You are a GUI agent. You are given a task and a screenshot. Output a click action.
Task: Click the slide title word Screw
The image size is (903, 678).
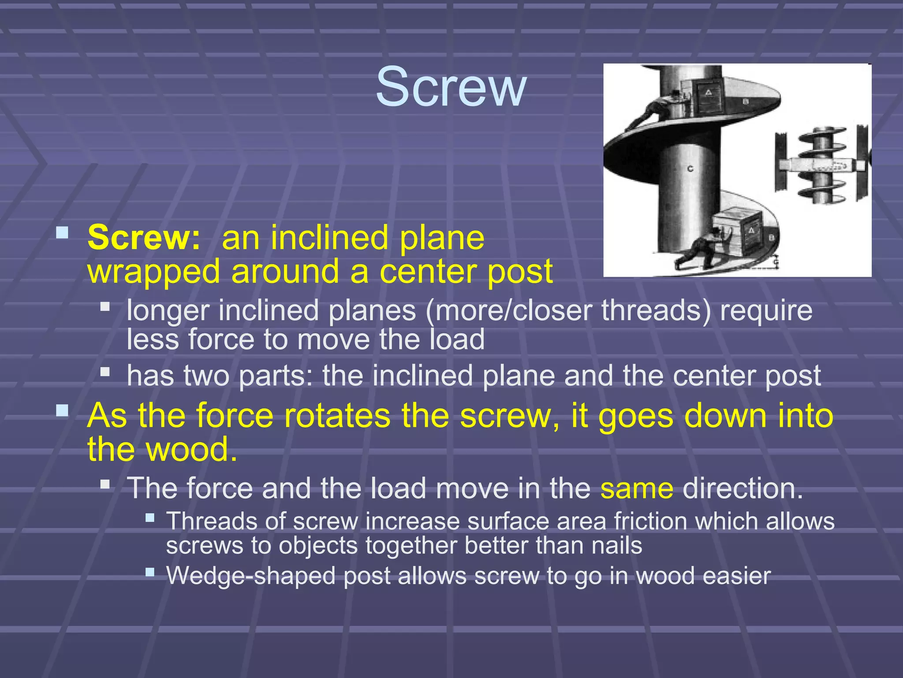coord(451,87)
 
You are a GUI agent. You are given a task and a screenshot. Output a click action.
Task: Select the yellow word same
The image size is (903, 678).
coord(636,489)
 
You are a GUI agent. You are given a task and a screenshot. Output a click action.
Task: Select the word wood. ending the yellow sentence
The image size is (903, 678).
coord(192,450)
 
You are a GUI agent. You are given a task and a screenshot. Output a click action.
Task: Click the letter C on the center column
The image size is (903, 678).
coord(690,169)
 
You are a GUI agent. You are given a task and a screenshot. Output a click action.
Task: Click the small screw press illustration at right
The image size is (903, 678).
coord(822,165)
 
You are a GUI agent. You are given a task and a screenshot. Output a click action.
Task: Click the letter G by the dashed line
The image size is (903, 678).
coord(776,264)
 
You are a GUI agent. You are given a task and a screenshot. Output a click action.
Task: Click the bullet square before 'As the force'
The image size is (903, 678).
coord(62,411)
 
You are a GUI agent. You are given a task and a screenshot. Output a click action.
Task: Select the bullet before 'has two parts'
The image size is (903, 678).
coord(105,372)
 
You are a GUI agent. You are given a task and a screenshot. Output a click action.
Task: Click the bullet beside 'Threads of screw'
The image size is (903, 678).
coord(150,517)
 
